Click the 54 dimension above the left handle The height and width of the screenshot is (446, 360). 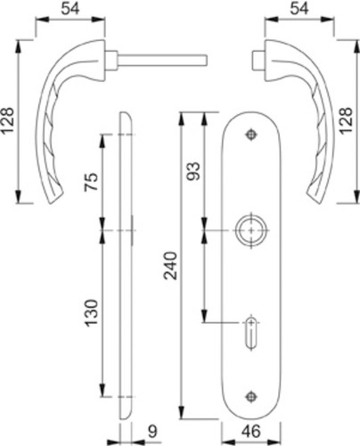pos(70,8)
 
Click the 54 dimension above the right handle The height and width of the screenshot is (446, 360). pos(299,8)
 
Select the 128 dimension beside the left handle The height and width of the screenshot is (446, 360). pos(7,120)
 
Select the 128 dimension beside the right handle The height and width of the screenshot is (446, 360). pos(347,120)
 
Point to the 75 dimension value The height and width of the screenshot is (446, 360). pos(91,182)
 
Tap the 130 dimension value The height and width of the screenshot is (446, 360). pos(91,313)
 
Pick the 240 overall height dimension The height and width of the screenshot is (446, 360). pos(171,266)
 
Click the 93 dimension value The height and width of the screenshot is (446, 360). pos(193,171)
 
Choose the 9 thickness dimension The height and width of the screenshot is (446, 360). pos(152,432)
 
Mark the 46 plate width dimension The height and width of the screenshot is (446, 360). pos(251,432)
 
